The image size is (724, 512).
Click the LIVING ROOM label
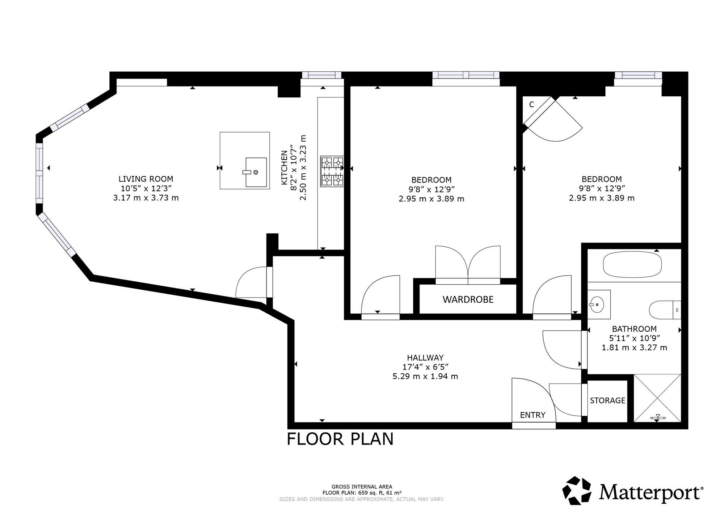(146, 179)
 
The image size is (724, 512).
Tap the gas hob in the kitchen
(332, 171)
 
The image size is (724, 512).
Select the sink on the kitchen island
(256, 172)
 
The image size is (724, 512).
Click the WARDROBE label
(468, 299)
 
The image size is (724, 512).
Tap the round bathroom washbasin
(597, 305)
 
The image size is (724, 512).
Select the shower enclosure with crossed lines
(657, 398)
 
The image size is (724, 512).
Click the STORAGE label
(607, 400)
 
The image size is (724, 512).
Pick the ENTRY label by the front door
(533, 415)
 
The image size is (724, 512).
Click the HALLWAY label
(425, 358)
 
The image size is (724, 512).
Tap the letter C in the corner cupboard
(531, 105)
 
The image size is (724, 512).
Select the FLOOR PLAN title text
(340, 439)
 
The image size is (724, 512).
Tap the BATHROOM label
(634, 329)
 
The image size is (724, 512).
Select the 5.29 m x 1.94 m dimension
(425, 376)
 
